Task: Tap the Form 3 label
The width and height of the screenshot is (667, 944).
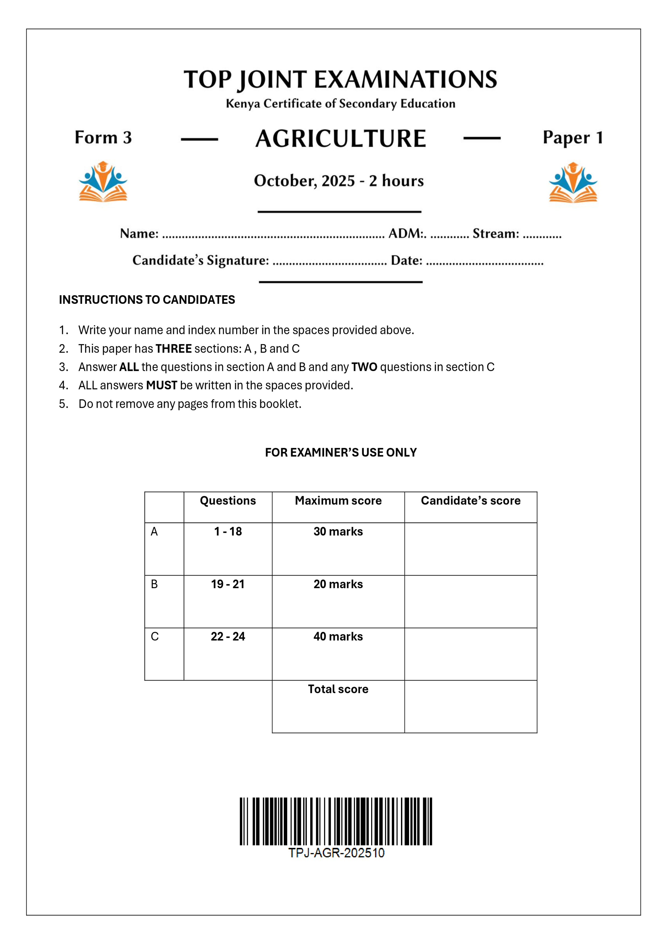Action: (x=103, y=137)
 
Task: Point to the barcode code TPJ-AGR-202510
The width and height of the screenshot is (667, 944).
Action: (x=336, y=853)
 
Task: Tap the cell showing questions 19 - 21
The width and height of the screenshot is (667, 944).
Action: (x=228, y=584)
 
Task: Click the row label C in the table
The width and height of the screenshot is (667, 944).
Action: (x=155, y=636)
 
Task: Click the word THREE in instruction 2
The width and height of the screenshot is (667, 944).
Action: (x=173, y=349)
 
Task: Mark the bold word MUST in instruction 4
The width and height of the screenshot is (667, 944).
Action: (x=162, y=385)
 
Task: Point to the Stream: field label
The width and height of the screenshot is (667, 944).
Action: (x=496, y=234)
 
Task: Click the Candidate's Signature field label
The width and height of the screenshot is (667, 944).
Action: (x=201, y=260)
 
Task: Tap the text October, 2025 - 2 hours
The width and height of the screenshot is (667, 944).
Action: (x=339, y=181)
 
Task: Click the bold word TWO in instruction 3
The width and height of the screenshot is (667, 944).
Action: (x=364, y=367)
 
